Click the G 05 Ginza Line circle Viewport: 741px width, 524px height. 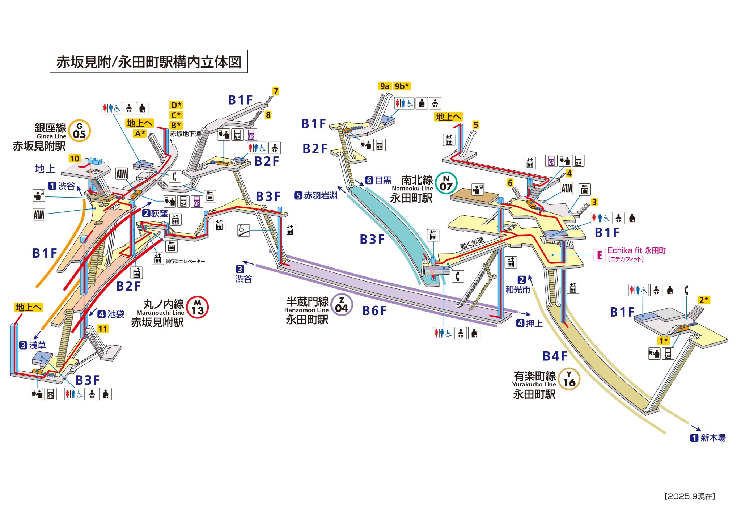click(x=79, y=131)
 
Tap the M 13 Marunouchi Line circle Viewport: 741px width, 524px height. click(x=198, y=307)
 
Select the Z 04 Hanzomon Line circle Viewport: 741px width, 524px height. click(x=341, y=305)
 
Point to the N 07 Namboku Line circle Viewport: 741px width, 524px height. click(x=446, y=183)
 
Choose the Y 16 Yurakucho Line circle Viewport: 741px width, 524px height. click(x=569, y=379)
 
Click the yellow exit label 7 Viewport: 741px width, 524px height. click(x=276, y=91)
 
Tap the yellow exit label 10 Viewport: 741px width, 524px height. click(x=75, y=159)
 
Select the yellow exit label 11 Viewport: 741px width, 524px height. click(x=103, y=329)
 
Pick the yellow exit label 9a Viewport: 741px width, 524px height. click(x=385, y=86)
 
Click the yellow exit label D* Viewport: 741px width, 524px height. click(x=176, y=105)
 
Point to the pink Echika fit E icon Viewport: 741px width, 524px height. click(x=600, y=255)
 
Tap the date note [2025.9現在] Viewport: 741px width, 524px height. click(x=690, y=496)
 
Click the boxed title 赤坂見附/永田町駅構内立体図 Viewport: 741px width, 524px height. click(x=149, y=62)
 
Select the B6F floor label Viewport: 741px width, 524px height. click(x=374, y=310)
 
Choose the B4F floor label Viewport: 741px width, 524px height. click(x=555, y=356)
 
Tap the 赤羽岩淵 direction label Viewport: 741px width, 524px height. click(x=320, y=195)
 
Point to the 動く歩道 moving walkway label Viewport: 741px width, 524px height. click(x=472, y=243)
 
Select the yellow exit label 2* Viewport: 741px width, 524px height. click(x=704, y=300)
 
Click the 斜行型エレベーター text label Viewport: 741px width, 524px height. click(x=185, y=261)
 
